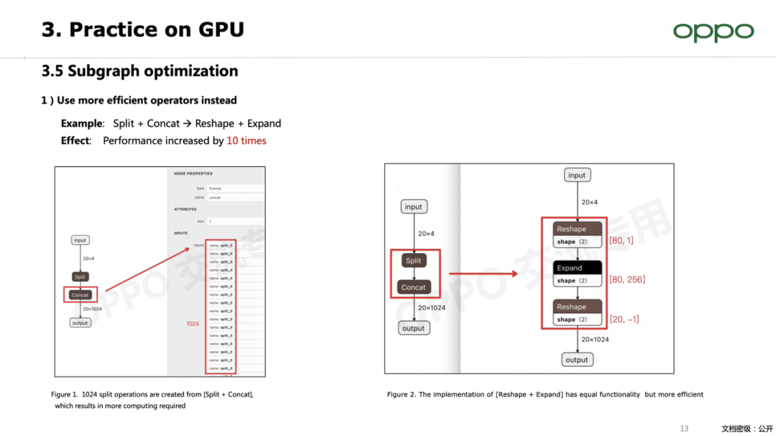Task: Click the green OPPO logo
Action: [x=713, y=32]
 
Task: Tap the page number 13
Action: [x=684, y=429]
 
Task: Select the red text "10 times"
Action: [x=246, y=141]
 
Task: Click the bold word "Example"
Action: [x=82, y=124]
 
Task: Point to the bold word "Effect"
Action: [x=75, y=141]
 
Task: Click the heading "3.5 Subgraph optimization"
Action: [x=139, y=71]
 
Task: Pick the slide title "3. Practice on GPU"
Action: [x=142, y=29]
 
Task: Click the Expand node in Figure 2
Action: [x=577, y=268]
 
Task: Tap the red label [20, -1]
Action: [x=624, y=319]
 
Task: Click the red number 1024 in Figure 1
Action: [x=193, y=324]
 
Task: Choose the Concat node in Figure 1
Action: [x=80, y=295]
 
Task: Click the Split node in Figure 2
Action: [x=413, y=260]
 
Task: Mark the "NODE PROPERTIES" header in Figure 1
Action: [x=193, y=173]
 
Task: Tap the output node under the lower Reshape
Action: [x=576, y=360]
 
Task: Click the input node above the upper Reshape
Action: [x=576, y=176]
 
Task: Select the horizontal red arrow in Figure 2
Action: [x=483, y=273]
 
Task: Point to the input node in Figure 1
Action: [x=80, y=240]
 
